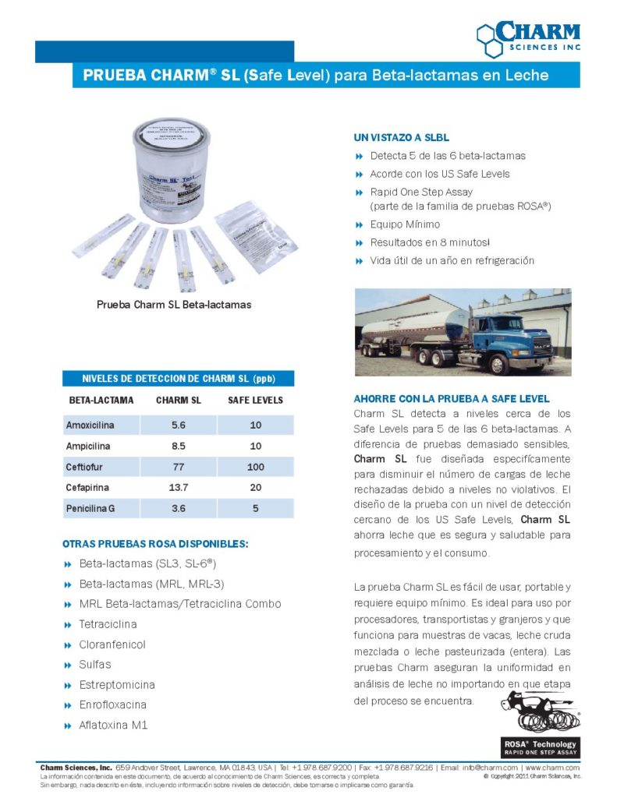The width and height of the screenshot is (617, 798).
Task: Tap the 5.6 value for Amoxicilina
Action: (x=179, y=425)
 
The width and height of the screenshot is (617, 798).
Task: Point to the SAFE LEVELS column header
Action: (x=255, y=401)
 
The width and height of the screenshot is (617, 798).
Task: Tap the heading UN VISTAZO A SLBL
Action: (x=402, y=137)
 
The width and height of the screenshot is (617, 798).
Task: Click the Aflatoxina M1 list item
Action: (x=113, y=725)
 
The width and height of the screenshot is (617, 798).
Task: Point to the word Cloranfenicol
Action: (x=112, y=644)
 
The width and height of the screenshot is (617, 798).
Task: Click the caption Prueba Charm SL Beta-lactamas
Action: (x=174, y=305)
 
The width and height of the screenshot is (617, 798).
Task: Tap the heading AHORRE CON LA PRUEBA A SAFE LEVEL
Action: (x=452, y=399)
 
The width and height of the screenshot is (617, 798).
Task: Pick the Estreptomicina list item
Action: (x=117, y=685)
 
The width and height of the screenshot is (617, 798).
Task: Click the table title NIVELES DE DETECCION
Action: (x=179, y=379)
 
